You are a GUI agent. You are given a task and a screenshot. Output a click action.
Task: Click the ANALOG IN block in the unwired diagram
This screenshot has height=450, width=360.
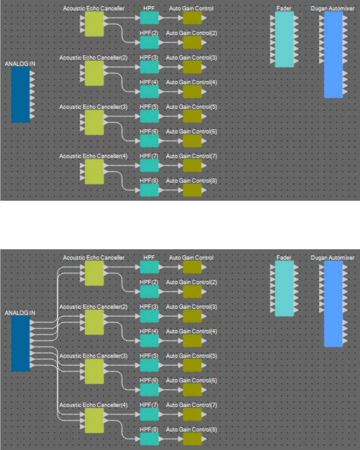[x=21, y=95]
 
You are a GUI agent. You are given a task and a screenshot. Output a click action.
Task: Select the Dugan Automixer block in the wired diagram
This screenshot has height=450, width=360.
[x=333, y=304]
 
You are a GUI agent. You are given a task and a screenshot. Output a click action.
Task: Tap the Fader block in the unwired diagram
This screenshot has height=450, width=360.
[x=284, y=39]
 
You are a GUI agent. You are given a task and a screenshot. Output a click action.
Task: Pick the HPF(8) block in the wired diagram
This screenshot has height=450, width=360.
[x=149, y=439]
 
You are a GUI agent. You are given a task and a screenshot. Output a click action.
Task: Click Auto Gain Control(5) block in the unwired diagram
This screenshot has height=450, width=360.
[x=192, y=116]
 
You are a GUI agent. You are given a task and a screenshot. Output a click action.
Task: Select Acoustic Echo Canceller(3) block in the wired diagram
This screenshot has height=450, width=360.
[x=94, y=371]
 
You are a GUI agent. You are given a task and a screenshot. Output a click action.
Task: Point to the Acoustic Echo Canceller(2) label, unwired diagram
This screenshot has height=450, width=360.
[x=93, y=57]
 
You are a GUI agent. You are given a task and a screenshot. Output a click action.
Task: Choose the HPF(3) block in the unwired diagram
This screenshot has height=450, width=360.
[x=149, y=67]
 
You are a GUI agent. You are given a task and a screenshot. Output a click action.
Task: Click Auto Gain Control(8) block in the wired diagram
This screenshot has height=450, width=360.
[x=192, y=439]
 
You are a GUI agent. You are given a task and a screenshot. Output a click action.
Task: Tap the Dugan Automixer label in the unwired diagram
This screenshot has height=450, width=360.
[x=333, y=8]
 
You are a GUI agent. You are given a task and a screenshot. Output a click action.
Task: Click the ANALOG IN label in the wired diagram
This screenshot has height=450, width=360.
[x=20, y=312]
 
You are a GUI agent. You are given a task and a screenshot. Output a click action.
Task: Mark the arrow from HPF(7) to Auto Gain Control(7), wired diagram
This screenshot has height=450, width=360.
[x=171, y=414]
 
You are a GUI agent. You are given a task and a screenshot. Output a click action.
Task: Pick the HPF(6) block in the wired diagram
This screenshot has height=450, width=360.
[x=149, y=389]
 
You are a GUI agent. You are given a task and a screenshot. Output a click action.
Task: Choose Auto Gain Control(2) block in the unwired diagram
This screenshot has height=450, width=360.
[x=192, y=42]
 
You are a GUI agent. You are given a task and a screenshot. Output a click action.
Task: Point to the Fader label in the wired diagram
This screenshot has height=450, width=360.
[x=284, y=257]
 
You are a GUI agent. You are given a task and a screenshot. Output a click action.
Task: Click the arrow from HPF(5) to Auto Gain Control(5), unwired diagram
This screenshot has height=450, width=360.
[x=171, y=116]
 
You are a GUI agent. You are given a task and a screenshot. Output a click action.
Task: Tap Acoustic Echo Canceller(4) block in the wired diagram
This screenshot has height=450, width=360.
[x=94, y=420]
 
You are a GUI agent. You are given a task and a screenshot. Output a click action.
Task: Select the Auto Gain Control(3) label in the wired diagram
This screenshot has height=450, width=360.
[x=191, y=307]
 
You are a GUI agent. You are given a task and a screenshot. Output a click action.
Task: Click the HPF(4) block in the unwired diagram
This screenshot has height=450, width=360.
[x=149, y=91]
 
